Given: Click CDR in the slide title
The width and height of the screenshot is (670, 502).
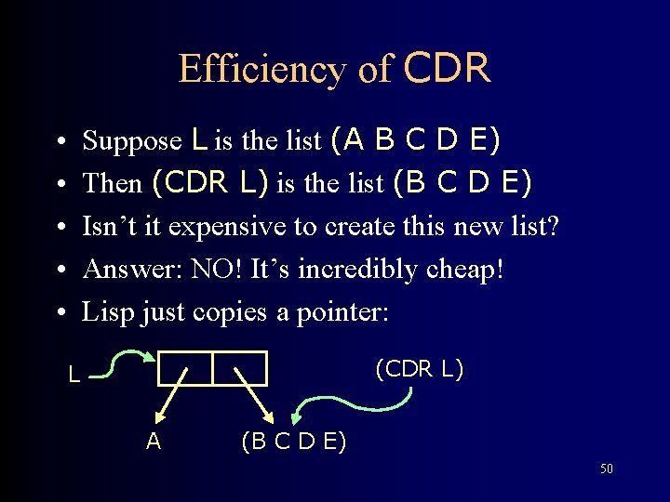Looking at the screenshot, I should click(x=448, y=68).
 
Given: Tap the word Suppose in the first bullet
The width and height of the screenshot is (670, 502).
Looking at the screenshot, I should click(x=132, y=140).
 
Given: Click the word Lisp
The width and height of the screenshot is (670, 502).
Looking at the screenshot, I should click(x=106, y=311).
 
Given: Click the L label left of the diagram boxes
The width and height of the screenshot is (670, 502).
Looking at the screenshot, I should click(x=74, y=376).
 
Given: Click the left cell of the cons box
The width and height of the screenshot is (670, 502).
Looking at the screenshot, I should click(x=185, y=368).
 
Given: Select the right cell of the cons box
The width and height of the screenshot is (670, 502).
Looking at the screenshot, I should click(x=240, y=368).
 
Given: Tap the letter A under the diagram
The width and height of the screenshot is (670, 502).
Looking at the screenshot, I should click(x=154, y=441).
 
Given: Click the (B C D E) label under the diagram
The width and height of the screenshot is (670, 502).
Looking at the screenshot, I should click(x=293, y=441).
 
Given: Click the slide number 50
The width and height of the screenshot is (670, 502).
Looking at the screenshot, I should click(x=606, y=469).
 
